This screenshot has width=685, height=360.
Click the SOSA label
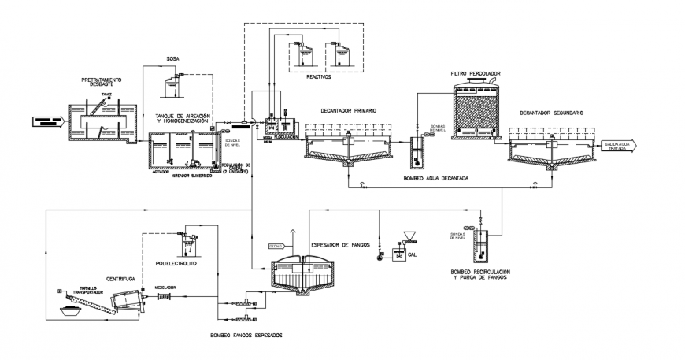point(172,58)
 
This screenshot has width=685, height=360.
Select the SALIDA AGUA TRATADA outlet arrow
point(623,145)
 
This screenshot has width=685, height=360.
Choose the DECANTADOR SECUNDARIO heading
point(551,113)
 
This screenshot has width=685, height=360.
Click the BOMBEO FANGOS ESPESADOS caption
point(246,336)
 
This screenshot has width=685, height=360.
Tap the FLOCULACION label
point(284,135)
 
